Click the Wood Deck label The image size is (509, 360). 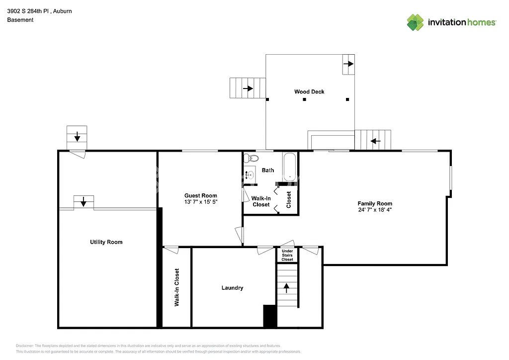click(x=309, y=91)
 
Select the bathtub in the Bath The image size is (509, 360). click(x=290, y=167)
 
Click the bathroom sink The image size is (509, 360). click(x=250, y=175)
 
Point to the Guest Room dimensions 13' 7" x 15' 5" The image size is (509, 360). click(x=201, y=202)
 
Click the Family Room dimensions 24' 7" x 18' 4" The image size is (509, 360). click(x=375, y=210)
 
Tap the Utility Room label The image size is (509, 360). click(x=106, y=242)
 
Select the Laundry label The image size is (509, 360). click(x=232, y=288)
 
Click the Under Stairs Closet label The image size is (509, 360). click(x=287, y=255)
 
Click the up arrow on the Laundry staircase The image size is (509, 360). click(x=287, y=286)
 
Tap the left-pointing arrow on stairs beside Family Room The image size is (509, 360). click(x=375, y=141)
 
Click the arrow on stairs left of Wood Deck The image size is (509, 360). click(x=247, y=89)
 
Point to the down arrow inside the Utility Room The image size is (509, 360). click(x=84, y=201)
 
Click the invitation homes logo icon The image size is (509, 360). click(x=415, y=22)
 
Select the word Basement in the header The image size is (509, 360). click(x=20, y=20)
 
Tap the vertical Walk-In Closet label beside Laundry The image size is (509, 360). click(x=176, y=287)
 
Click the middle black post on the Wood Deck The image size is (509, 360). click(x=305, y=99)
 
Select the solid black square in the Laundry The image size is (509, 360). click(x=270, y=316)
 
